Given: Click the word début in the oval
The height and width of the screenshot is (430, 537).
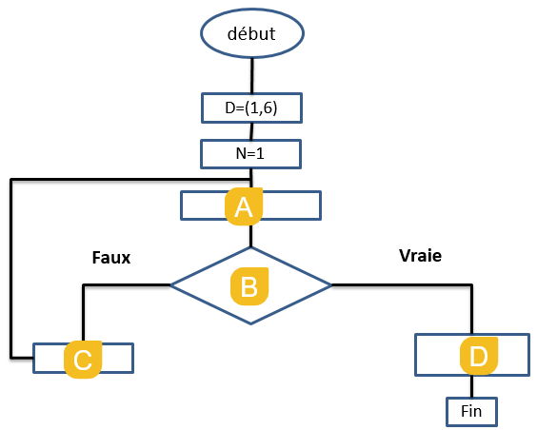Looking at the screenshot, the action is coord(251,33).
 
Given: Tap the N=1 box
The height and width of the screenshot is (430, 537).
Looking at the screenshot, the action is coord(250,154).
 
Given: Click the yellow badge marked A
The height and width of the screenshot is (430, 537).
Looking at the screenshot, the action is coord(244,206).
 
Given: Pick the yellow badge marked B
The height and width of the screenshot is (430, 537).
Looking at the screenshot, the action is coord(249,286).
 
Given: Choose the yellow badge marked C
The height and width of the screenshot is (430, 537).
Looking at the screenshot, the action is coord(83,360).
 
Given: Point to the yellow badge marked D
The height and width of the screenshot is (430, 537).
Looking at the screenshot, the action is coord(478,356).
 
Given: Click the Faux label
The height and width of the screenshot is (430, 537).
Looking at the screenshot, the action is coord(111,258).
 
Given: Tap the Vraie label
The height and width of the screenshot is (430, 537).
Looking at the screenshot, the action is coord(420,256).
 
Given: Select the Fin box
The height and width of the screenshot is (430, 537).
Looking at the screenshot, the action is coord(471,412).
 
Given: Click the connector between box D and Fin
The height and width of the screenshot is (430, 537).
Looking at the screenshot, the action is coord(471,386).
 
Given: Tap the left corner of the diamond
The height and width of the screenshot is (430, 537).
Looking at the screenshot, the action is coord(170,285).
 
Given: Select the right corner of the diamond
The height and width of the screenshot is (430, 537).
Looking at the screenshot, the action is coord(331,285).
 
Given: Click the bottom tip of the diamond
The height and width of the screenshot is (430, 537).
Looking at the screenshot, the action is coord(251,324).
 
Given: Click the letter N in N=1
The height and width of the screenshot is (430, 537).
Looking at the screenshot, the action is coord(241,153).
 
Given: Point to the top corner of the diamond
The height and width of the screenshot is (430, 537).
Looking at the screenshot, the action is coord(251,247).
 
